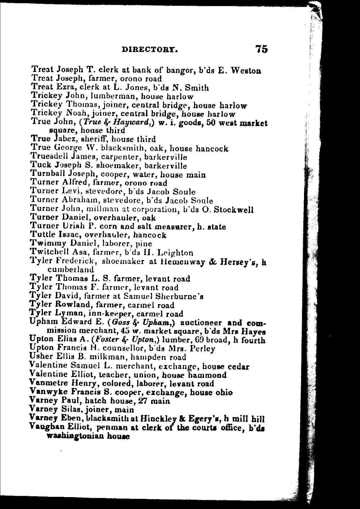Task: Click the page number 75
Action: tap(261, 49)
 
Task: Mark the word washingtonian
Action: tap(75, 436)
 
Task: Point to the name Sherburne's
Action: tap(179, 296)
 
